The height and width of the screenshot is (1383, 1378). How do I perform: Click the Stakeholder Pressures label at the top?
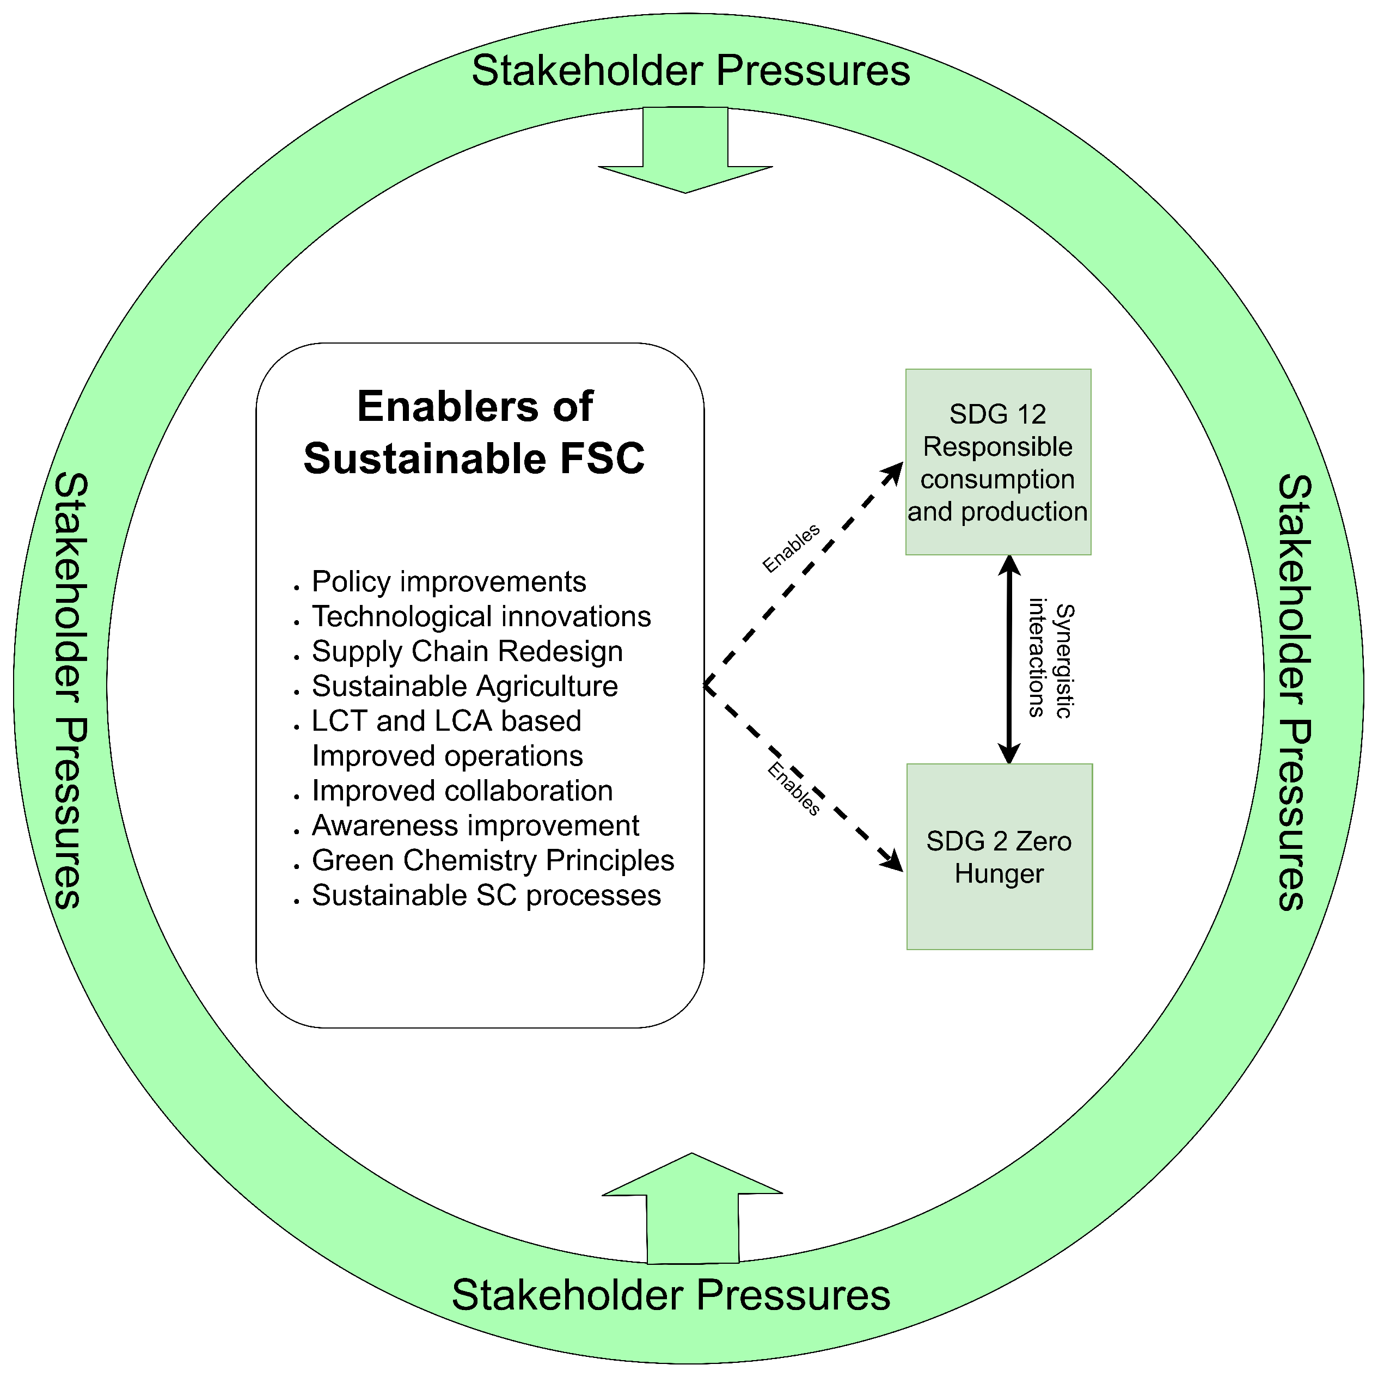(691, 71)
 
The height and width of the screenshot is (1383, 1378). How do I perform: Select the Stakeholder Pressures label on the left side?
(71, 691)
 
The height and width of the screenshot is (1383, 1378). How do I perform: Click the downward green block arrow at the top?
(685, 150)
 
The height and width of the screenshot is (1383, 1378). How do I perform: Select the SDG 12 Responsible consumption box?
(998, 462)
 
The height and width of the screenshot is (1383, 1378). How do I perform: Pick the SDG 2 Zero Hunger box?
(999, 857)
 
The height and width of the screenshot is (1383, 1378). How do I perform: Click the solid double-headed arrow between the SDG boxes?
(1009, 659)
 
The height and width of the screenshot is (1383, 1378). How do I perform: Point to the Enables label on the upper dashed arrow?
(791, 548)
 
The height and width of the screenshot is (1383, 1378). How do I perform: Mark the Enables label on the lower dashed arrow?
(793, 789)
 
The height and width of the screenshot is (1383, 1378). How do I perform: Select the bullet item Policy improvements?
(449, 582)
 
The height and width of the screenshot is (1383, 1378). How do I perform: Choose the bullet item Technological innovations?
(481, 616)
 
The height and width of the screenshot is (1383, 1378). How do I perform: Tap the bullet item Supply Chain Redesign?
(467, 651)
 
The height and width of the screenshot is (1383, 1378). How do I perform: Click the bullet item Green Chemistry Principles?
(493, 860)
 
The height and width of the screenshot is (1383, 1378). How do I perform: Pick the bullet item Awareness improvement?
(475, 825)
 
